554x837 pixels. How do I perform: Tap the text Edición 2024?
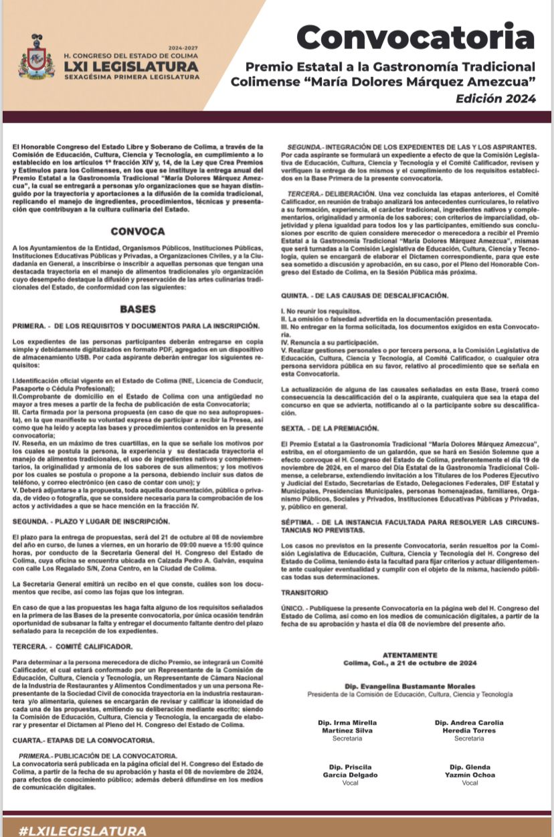(496, 98)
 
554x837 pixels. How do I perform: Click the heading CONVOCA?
(138, 231)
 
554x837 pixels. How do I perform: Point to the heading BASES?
(138, 309)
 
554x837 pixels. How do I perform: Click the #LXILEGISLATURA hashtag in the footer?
(82, 830)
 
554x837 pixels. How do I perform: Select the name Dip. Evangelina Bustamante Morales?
(410, 686)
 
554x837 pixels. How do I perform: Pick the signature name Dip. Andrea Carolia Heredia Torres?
(469, 727)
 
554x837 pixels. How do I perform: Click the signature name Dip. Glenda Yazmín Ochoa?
(469, 771)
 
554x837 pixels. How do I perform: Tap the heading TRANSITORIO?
(304, 593)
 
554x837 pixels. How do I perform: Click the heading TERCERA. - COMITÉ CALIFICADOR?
(73, 646)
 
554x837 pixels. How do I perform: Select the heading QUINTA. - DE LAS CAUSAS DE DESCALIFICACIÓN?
(365, 295)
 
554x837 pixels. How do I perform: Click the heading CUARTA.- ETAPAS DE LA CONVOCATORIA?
(84, 740)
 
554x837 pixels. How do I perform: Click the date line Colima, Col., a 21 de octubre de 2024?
(410, 662)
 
